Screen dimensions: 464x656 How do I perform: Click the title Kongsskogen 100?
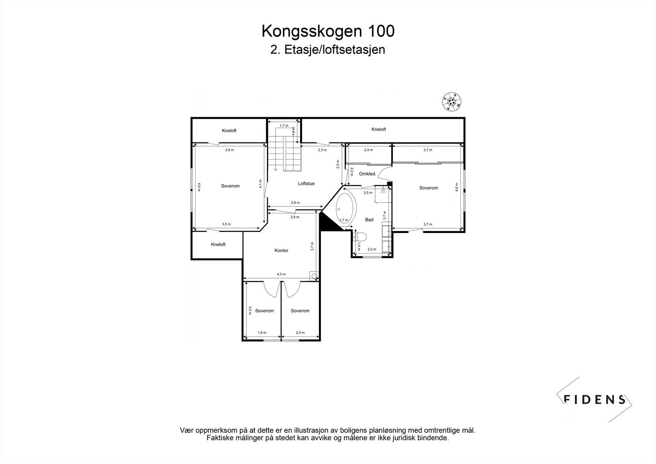click(x=328, y=31)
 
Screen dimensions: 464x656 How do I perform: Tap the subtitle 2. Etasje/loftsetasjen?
click(x=328, y=50)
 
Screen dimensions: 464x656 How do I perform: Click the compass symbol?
click(x=452, y=101)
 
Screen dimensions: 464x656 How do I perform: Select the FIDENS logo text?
click(x=594, y=399)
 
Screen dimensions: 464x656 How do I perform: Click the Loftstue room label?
click(x=306, y=183)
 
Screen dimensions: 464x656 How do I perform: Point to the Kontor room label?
click(x=282, y=250)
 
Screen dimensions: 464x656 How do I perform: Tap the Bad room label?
click(x=369, y=219)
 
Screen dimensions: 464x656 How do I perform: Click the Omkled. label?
click(x=367, y=174)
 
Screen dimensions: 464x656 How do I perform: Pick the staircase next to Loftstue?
click(x=285, y=154)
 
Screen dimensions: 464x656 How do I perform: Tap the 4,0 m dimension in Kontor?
click(x=281, y=274)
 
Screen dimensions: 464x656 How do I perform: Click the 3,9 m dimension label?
click(x=229, y=150)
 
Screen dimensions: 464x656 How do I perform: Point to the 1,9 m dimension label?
click(x=262, y=333)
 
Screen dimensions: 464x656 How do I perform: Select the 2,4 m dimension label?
click(x=368, y=150)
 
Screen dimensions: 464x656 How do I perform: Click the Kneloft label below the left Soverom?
click(x=218, y=244)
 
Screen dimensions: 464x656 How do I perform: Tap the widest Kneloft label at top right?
click(x=378, y=129)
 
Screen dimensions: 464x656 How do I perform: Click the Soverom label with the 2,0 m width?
click(x=300, y=311)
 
